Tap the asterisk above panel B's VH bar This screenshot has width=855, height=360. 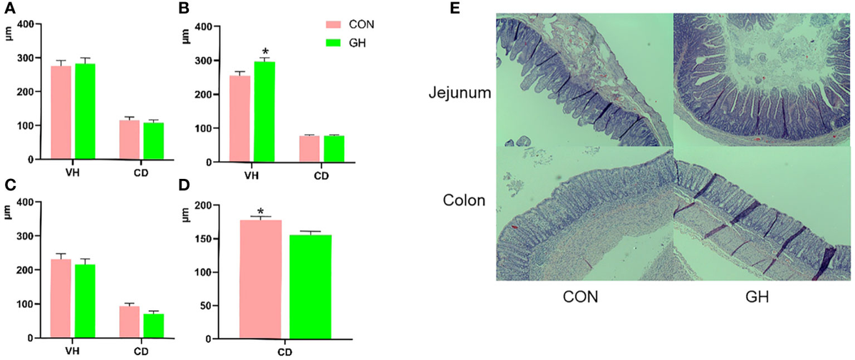tap(265, 52)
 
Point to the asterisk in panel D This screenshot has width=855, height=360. tap(261, 212)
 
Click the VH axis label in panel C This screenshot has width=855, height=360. tap(73, 351)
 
